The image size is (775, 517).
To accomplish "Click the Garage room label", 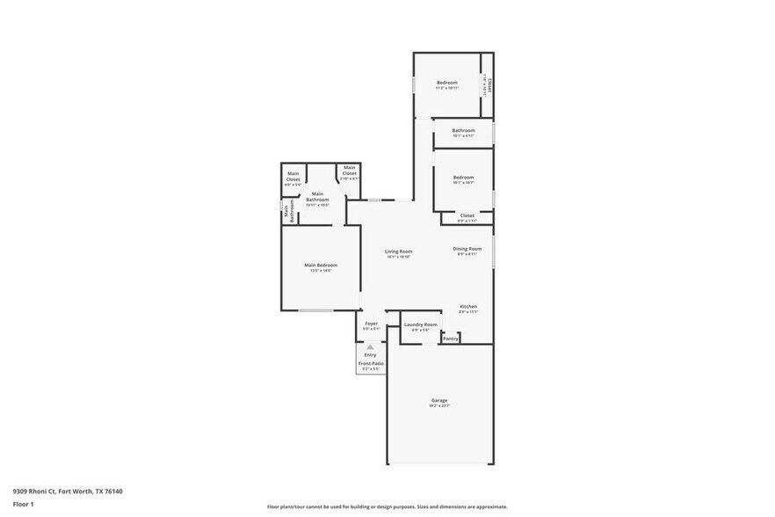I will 439,401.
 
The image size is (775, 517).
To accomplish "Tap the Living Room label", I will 399,251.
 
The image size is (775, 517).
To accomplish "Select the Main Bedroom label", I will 321,265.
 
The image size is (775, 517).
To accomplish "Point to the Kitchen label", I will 467,306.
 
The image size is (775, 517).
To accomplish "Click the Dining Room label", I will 467,249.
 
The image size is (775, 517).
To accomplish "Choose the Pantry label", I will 451,339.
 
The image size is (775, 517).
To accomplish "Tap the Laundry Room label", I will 420,324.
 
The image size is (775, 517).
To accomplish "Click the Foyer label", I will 372,324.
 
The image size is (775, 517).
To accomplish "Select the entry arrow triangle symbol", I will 371,347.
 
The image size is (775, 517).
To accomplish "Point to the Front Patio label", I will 371,363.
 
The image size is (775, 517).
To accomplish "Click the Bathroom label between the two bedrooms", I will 463,130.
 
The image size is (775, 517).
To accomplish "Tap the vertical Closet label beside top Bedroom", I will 489,86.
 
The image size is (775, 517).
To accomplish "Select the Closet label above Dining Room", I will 467,215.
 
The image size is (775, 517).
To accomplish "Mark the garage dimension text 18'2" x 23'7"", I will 439,406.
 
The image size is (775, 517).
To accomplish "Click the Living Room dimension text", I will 399,257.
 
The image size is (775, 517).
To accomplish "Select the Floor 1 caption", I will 23,505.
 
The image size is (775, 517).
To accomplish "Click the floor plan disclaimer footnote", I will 387,506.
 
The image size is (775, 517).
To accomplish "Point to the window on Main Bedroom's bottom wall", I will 315,310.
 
